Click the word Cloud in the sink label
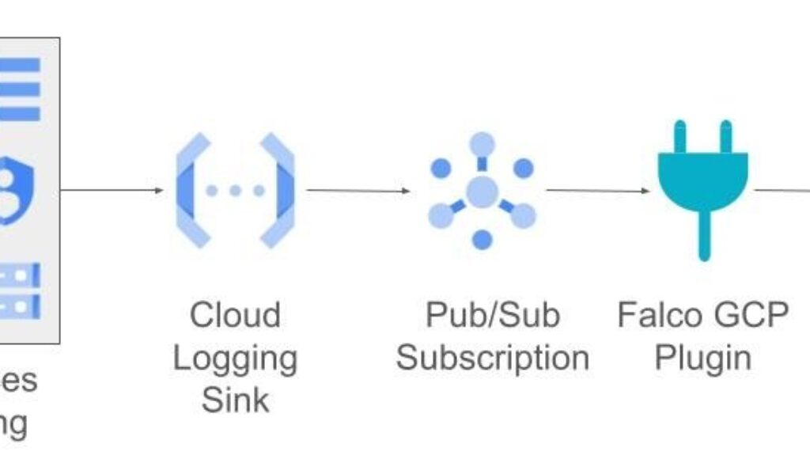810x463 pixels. pos(235,315)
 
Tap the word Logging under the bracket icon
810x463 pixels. pos(235,359)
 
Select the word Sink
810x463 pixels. pos(235,400)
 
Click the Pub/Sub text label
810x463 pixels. pos(492,315)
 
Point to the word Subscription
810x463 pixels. pos(492,358)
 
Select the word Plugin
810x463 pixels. pos(702,358)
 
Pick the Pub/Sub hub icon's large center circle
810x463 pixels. pos(482,191)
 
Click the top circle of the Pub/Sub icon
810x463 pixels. pos(482,145)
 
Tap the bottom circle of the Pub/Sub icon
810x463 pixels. pos(482,238)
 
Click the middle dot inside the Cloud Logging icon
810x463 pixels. pos(235,191)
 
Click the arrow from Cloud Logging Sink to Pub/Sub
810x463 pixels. pos(358,191)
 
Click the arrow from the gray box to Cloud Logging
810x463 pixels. pos(112,191)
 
